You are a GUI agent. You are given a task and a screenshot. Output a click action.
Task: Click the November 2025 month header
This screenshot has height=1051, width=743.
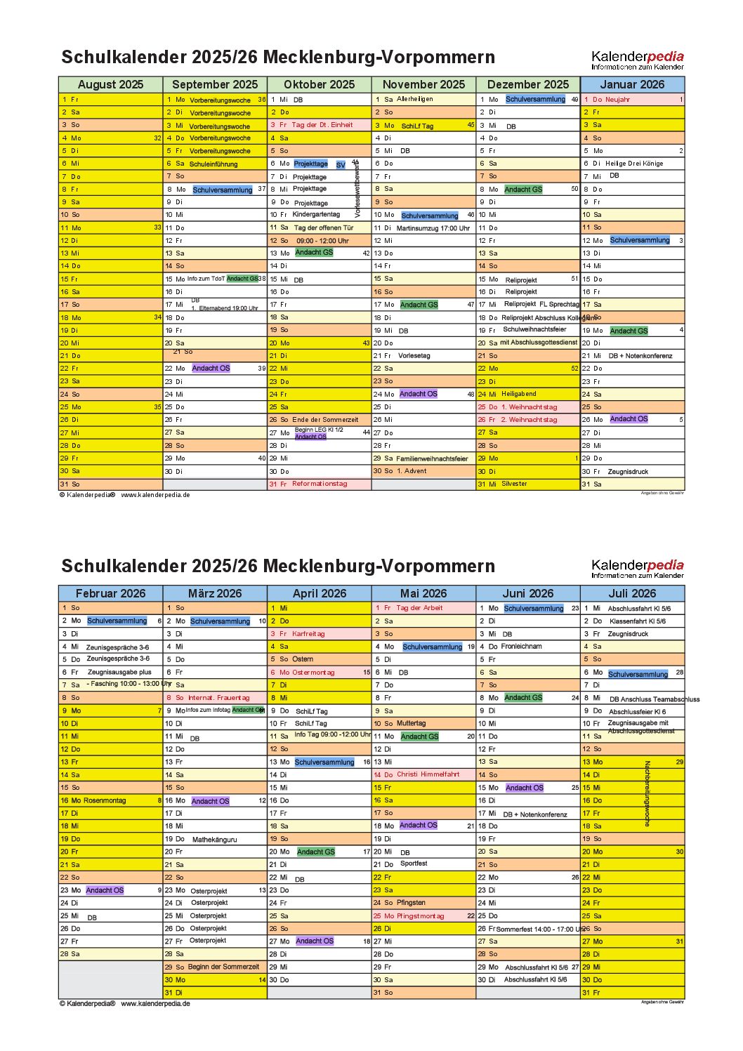click(423, 84)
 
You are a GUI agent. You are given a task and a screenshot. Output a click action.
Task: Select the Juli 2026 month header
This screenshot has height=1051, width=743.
click(632, 593)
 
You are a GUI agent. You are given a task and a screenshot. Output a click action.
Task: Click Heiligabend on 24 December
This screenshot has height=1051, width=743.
click(518, 394)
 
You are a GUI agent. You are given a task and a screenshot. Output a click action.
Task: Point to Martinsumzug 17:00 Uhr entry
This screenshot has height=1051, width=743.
click(433, 228)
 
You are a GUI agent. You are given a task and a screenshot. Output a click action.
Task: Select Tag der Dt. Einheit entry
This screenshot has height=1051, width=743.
click(322, 125)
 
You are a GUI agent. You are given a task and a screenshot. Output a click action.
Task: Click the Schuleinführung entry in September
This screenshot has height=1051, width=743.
click(213, 164)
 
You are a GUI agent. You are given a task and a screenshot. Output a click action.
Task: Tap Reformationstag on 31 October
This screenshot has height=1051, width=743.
click(320, 484)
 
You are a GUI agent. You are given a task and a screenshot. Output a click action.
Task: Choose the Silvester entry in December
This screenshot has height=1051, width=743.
click(514, 484)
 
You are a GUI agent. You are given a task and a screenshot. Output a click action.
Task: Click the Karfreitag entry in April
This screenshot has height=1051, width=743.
click(308, 634)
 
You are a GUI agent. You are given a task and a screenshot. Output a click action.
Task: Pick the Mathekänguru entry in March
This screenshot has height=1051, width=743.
click(214, 840)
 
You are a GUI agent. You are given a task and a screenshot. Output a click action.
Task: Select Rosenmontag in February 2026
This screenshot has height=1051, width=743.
click(105, 800)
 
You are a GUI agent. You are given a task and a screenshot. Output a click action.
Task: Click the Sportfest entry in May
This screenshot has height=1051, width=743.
click(414, 864)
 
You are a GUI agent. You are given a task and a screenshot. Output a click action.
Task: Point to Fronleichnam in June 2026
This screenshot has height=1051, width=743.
click(522, 647)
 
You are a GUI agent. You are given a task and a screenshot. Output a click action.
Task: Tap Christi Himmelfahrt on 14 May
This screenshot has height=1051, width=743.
click(428, 774)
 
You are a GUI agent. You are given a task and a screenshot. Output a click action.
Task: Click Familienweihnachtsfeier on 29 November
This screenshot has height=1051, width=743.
click(432, 458)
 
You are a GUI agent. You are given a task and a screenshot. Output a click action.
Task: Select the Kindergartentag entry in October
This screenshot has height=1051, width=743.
click(316, 214)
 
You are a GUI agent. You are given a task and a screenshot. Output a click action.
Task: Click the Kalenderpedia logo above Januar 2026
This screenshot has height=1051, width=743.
click(637, 60)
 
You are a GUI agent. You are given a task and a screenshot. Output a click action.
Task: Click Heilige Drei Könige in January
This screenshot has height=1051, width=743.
click(633, 164)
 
